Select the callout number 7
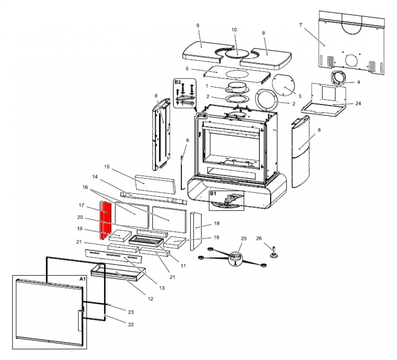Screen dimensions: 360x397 tap(301, 25)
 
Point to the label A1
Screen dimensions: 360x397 tap(82, 279)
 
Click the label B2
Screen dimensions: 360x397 tap(177, 82)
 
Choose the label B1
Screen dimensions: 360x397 tap(213, 194)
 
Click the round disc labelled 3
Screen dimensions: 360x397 tap(285, 86)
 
